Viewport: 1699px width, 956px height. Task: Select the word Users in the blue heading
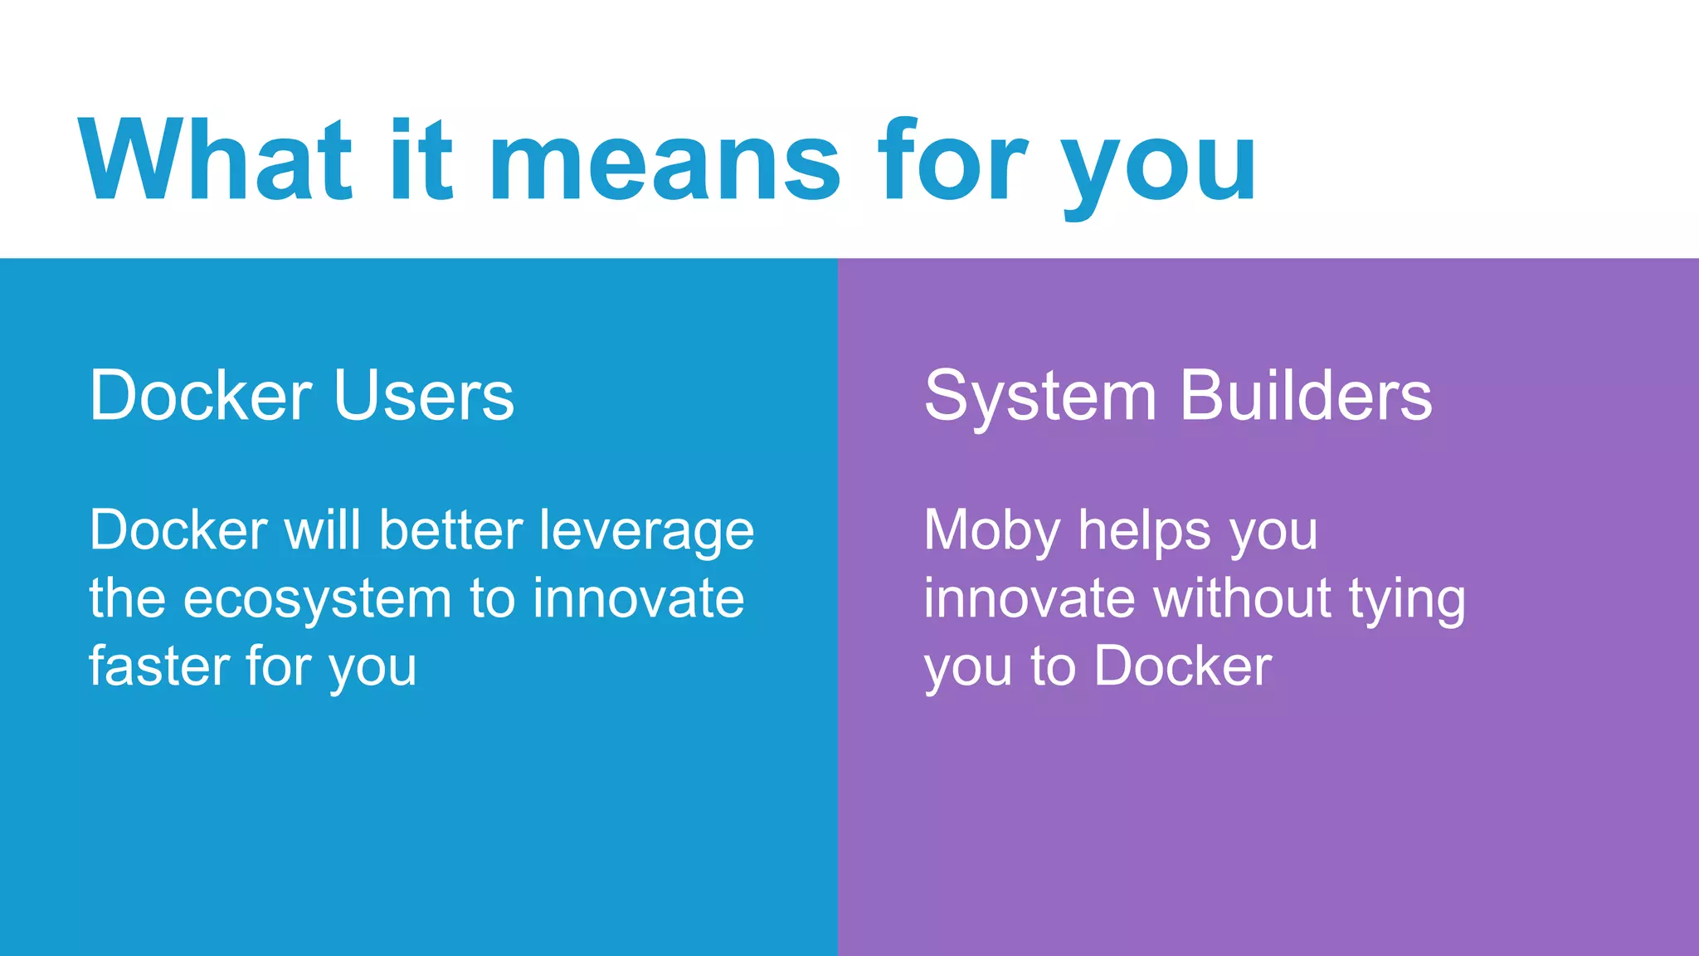(x=424, y=396)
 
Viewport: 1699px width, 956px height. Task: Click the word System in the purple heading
(x=1040, y=398)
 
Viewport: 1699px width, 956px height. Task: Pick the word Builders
(x=1306, y=396)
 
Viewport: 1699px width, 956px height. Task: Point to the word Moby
(x=992, y=531)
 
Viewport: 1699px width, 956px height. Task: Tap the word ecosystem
(x=317, y=600)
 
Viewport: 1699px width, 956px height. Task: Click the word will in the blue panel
(x=324, y=530)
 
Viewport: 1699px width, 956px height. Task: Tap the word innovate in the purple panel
(x=1029, y=598)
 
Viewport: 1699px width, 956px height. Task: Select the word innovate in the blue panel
(x=638, y=598)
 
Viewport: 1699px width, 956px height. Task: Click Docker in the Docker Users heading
(x=201, y=396)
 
